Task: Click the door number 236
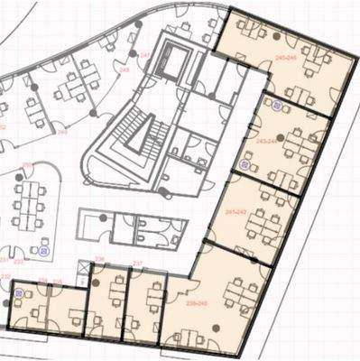[100, 259]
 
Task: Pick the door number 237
[138, 263]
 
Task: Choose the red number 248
[123, 69]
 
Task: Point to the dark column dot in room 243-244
[282, 137]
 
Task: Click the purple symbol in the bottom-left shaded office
[19, 294]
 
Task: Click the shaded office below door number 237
[143, 307]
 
